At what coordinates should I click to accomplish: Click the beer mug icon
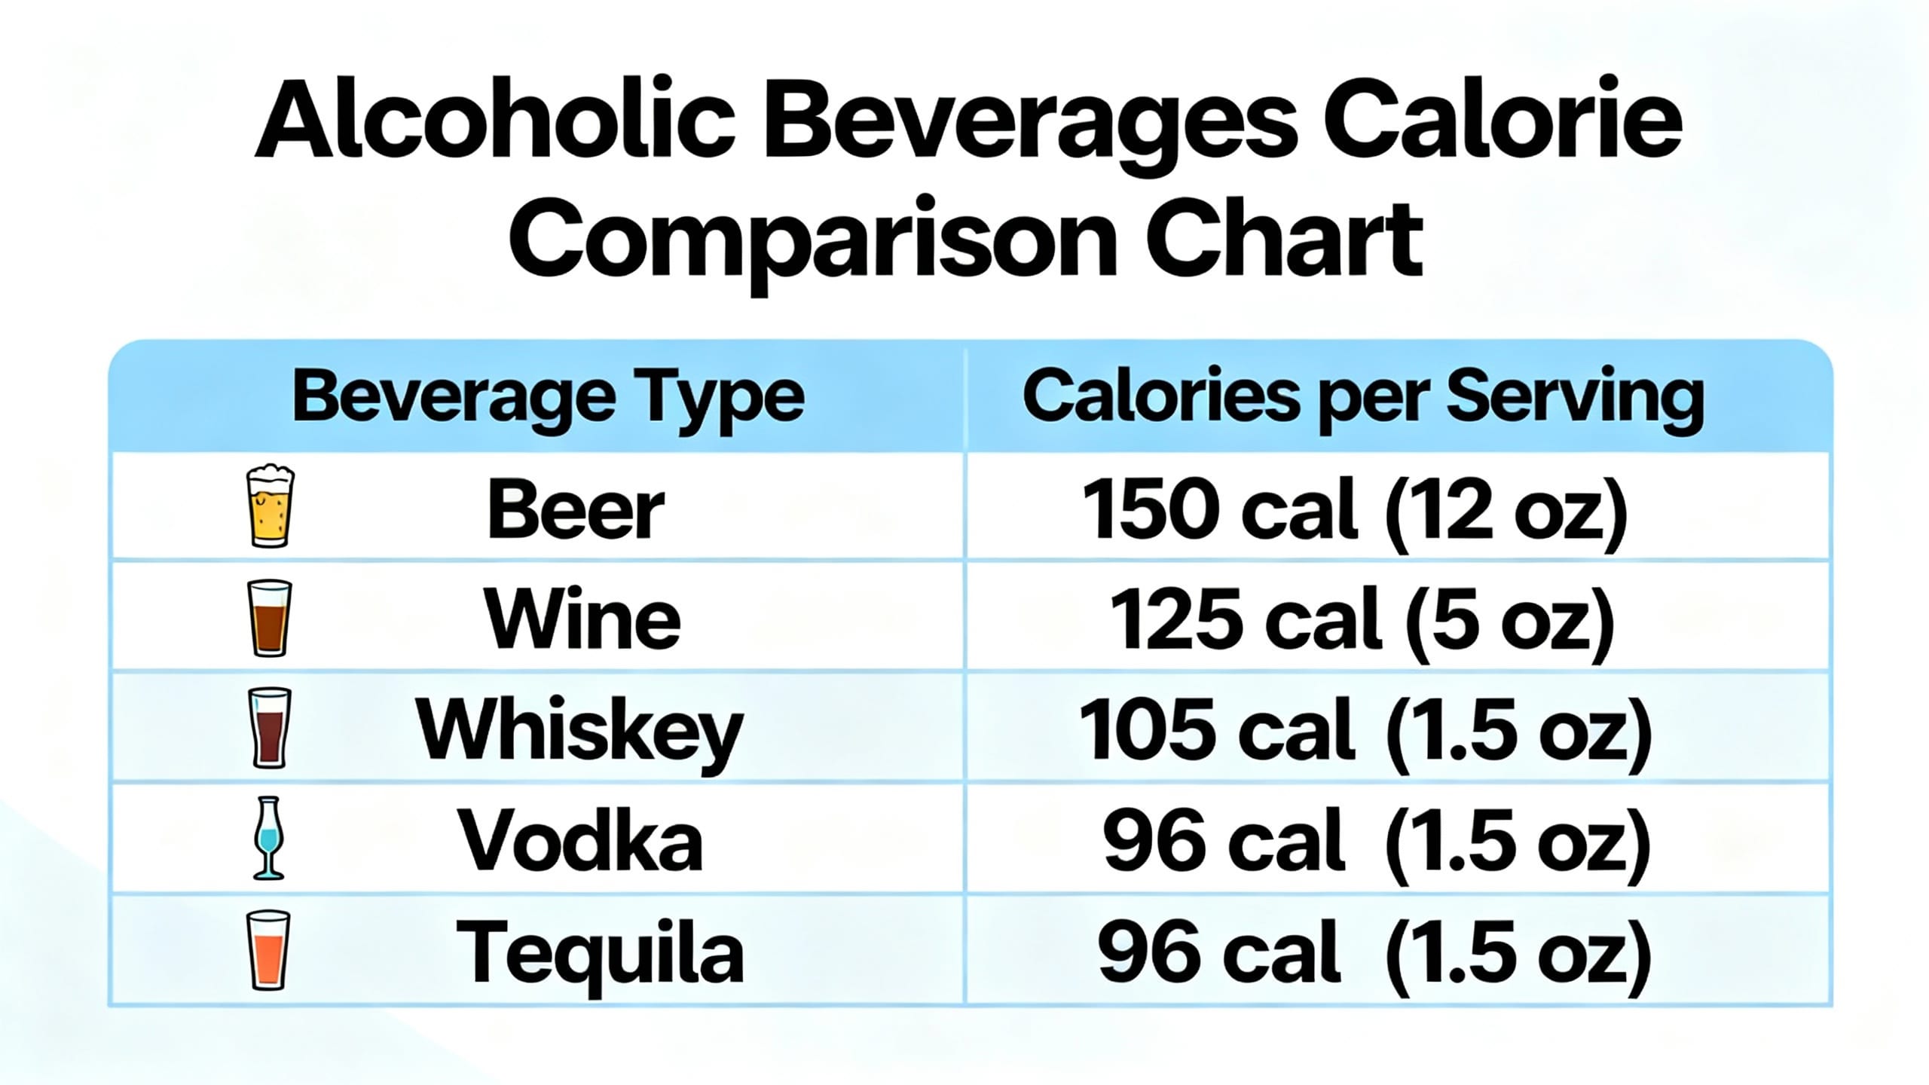(x=270, y=506)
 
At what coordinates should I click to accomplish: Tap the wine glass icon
(x=269, y=618)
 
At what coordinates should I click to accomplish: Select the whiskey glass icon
(x=269, y=728)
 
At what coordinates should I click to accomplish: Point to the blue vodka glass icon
(x=268, y=838)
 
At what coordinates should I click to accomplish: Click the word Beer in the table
(x=576, y=511)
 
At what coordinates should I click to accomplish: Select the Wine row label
(x=582, y=620)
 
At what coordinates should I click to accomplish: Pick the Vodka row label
(x=581, y=842)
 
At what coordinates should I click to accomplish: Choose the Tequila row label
(x=599, y=953)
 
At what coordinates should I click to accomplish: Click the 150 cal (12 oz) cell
(x=1355, y=511)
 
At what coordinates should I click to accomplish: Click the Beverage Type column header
(x=548, y=397)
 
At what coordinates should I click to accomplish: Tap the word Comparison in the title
(x=814, y=240)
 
